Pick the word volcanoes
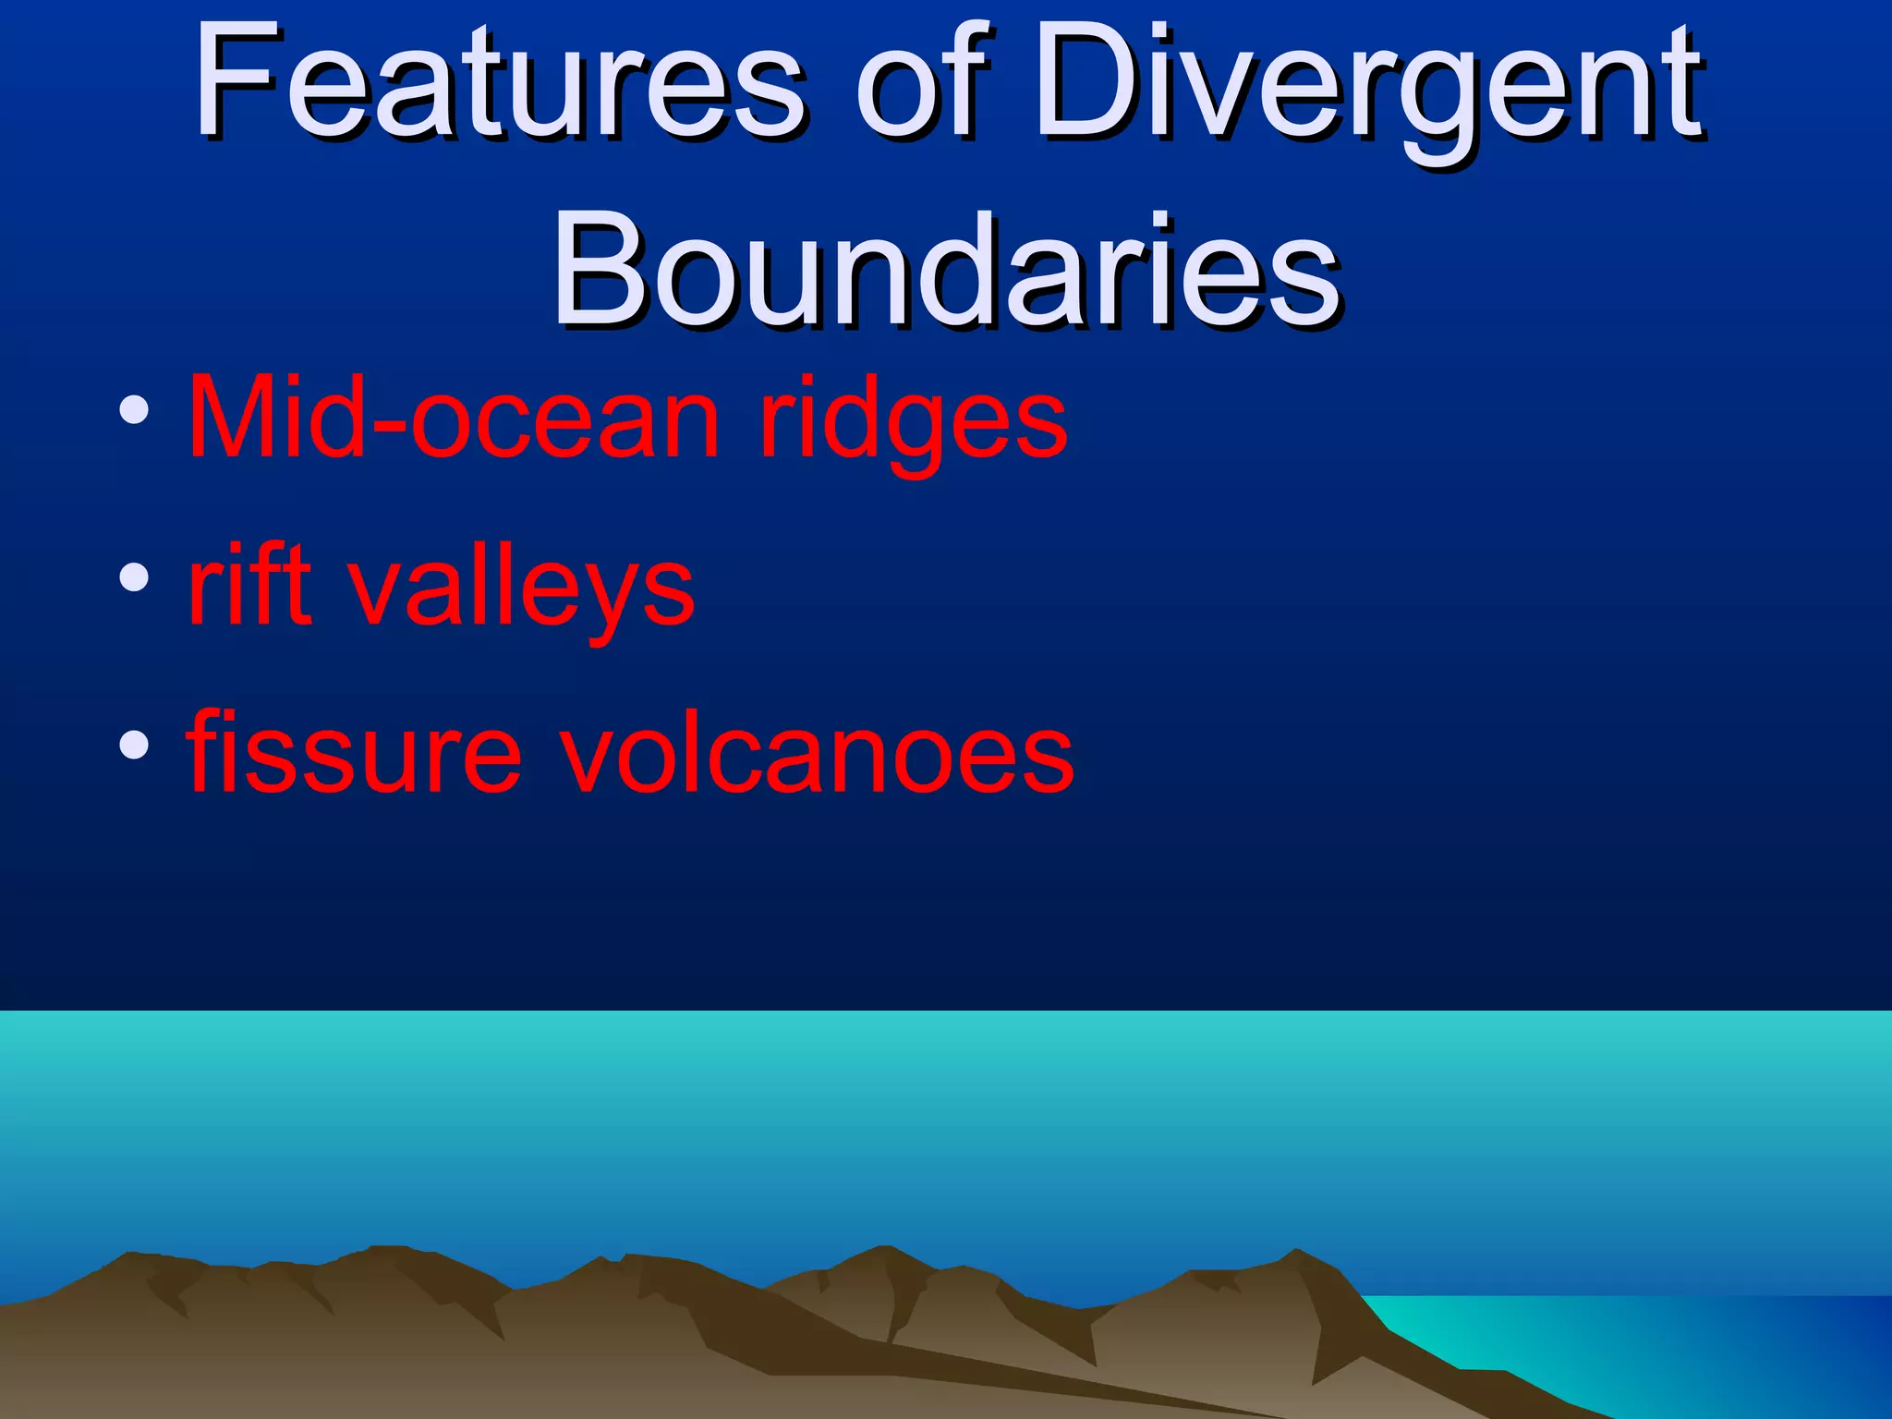[817, 753]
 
